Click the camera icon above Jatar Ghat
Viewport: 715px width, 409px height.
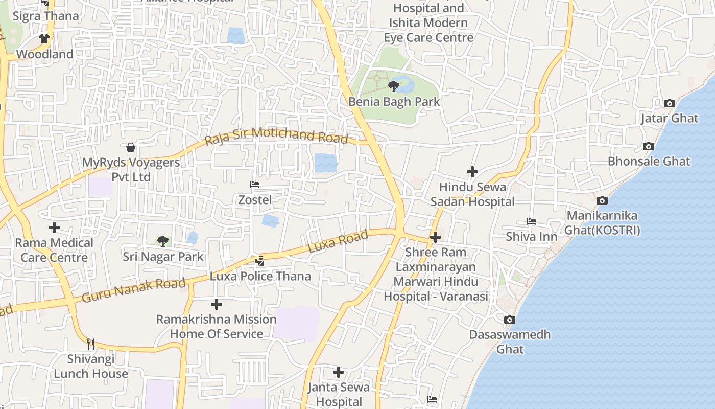point(669,104)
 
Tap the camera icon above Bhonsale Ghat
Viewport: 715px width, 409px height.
point(648,147)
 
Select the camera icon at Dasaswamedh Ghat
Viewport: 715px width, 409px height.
point(509,320)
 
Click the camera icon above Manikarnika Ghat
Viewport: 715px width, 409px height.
point(602,200)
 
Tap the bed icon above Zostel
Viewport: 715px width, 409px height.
point(255,185)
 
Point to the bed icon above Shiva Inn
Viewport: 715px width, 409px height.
point(531,222)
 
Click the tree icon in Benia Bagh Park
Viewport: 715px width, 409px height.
point(393,86)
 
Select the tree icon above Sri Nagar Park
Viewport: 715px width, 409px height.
point(162,241)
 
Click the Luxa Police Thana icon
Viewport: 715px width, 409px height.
point(260,261)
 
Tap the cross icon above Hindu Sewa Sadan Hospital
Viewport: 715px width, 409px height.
point(472,172)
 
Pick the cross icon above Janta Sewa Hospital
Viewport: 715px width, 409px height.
point(338,372)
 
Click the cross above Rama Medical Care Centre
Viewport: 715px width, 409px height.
point(54,228)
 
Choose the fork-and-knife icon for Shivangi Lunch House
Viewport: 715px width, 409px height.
point(91,344)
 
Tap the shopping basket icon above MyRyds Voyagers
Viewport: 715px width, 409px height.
point(131,148)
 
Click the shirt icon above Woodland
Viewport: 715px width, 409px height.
point(44,39)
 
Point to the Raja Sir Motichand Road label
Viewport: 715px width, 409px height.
point(276,137)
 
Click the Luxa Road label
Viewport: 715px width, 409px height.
point(338,241)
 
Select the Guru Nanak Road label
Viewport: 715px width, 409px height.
point(133,290)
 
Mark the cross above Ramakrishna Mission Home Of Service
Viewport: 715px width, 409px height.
point(217,305)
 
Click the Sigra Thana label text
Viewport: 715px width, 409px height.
point(46,16)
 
